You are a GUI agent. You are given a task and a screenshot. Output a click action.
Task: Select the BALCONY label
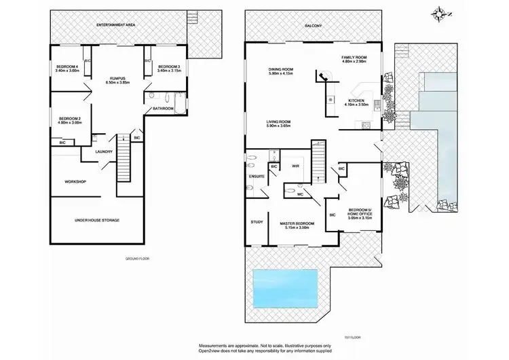314,26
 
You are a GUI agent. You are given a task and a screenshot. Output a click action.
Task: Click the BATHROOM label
164,109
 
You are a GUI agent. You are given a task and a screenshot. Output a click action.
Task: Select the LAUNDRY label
104,151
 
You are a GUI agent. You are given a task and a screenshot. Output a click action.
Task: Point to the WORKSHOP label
75,181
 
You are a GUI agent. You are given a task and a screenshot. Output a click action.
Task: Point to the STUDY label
257,221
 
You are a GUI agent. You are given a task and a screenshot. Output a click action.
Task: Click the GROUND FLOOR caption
138,259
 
